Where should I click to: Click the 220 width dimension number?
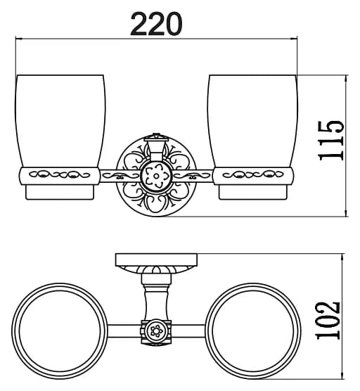click(156, 24)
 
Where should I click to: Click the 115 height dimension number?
click(331, 141)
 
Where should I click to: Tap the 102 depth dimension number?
click(328, 321)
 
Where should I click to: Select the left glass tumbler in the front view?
click(60, 121)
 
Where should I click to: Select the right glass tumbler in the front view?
click(252, 121)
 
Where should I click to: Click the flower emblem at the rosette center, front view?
click(156, 176)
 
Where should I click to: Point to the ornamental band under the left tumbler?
click(60, 176)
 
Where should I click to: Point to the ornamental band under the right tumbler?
click(253, 176)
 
